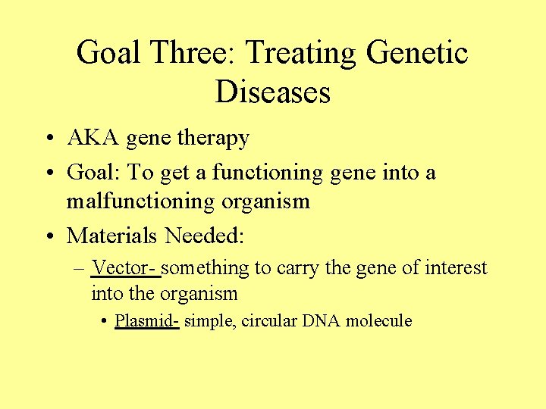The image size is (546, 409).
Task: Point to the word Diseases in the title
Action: coord(273,92)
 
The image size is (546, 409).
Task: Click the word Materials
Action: coord(112,236)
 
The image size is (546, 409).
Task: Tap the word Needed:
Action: coord(205,236)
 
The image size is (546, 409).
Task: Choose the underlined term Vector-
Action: coord(125,268)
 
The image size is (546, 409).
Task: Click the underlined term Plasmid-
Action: coord(146,320)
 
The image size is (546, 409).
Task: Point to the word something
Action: coord(206,268)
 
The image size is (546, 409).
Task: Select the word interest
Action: coord(456,268)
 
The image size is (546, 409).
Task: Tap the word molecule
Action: coord(378,320)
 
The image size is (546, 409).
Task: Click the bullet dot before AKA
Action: coord(48,139)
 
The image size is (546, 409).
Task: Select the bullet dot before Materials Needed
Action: coord(48,237)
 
